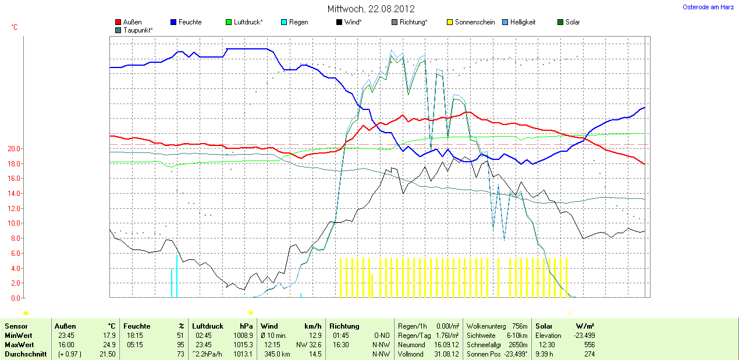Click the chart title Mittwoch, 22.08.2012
coord(371,9)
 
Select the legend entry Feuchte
coord(190,22)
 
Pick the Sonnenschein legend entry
coord(474,22)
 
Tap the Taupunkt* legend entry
coord(138,30)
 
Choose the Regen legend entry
coord(299,22)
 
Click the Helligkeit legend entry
coord(523,22)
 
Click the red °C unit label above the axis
coord(15,27)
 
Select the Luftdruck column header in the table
coord(208,326)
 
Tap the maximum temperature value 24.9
coord(109,345)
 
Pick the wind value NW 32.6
coord(308,345)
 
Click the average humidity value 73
coord(180,354)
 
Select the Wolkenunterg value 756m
coord(520,326)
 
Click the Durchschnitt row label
coord(25,354)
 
